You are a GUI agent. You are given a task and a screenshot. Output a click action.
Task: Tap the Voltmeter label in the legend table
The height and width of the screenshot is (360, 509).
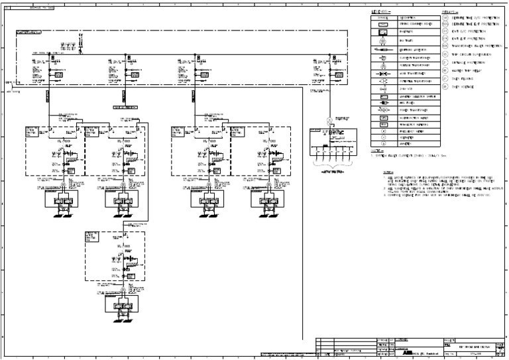[x=405, y=138]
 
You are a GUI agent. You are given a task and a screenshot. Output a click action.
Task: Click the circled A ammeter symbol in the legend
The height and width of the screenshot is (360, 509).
[x=383, y=144]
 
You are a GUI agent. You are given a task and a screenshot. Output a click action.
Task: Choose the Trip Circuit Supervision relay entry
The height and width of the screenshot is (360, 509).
[x=472, y=54]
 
